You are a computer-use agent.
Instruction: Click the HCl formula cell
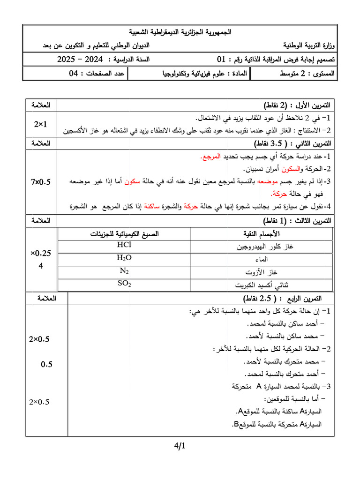point(124,245)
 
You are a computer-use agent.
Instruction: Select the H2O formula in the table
point(124,258)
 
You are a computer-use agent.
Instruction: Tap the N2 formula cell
point(124,270)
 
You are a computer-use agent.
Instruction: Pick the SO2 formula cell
point(124,284)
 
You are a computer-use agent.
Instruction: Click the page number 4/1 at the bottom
point(180,446)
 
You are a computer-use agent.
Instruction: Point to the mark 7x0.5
point(41,180)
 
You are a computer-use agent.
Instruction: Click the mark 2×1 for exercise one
point(41,124)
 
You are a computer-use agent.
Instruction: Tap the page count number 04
point(73,74)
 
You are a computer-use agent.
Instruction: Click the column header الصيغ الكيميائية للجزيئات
point(124,233)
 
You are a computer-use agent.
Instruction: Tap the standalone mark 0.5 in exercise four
point(46,364)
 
